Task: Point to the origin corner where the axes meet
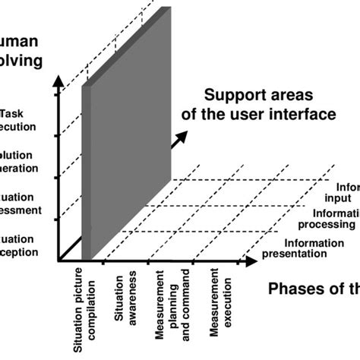coord(58,261)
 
